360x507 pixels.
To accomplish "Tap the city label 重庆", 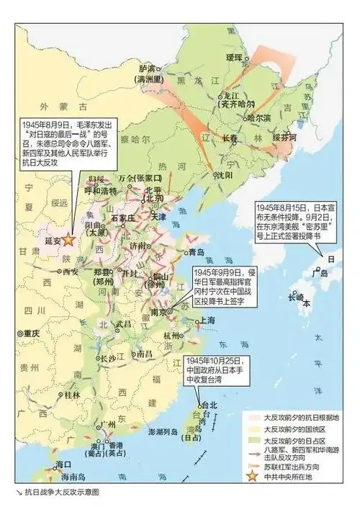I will coord(30,333).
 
